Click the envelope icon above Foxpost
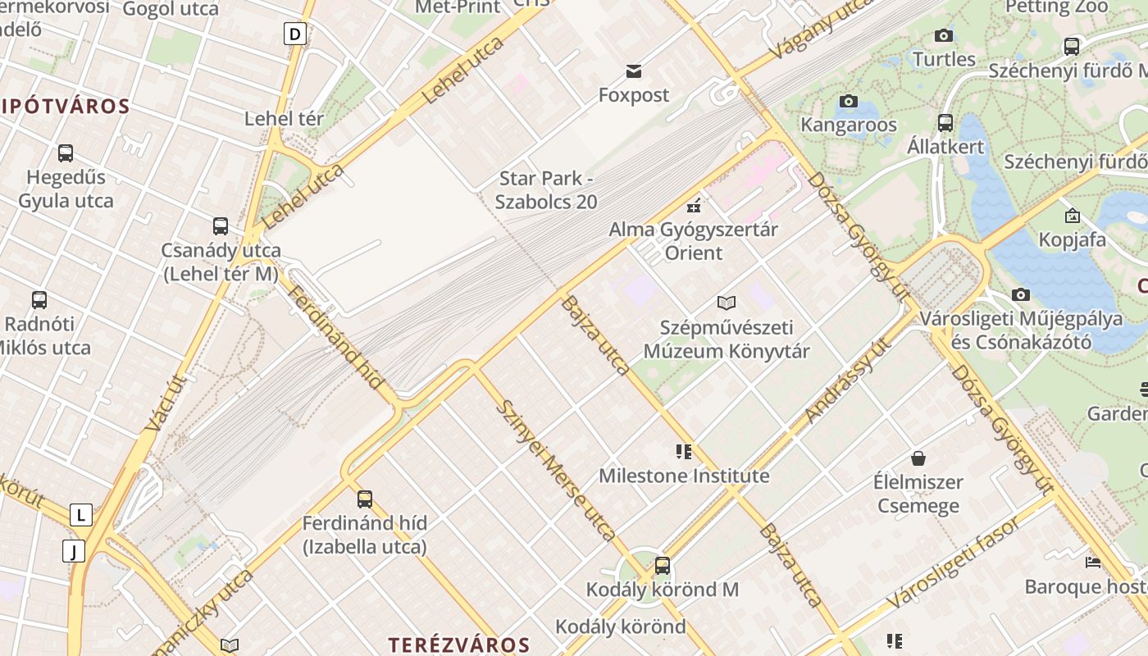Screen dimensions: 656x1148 click(x=633, y=71)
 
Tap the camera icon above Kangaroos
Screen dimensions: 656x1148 click(x=849, y=102)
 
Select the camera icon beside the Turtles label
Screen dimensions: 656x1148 click(x=944, y=35)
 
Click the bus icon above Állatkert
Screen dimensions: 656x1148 click(x=945, y=123)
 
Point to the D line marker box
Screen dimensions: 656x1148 click(x=295, y=34)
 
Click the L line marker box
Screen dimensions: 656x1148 click(x=80, y=515)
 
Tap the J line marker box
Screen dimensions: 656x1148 click(x=74, y=551)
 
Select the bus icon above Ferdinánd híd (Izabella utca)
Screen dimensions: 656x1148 click(x=365, y=499)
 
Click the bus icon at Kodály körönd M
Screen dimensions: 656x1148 click(x=663, y=565)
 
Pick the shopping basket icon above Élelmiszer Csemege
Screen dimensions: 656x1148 click(x=918, y=458)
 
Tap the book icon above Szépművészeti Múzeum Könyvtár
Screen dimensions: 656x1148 click(x=727, y=303)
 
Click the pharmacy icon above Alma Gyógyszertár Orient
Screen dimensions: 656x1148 click(x=694, y=204)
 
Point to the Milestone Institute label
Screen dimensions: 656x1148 click(x=684, y=476)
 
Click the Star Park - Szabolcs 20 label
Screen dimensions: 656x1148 click(x=546, y=189)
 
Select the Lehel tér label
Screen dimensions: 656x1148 click(x=284, y=119)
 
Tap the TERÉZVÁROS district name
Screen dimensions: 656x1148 click(x=459, y=644)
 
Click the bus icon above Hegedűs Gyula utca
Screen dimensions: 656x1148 click(x=66, y=153)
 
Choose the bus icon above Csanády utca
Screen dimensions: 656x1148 click(x=221, y=226)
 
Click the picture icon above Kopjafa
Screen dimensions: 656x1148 click(x=1072, y=216)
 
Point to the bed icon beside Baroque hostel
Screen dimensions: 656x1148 click(x=1093, y=563)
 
